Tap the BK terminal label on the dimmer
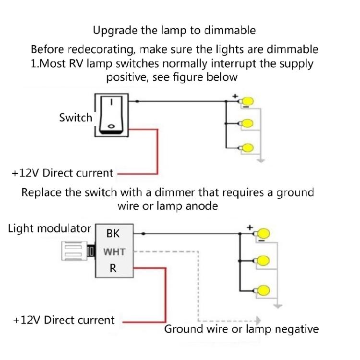click(x=113, y=234)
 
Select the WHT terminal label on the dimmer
click(x=114, y=252)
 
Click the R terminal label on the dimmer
click(x=113, y=268)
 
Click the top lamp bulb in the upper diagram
click(x=248, y=102)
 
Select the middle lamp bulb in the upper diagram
click(x=248, y=124)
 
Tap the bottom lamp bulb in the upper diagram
click(x=248, y=148)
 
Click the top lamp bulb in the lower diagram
click(x=263, y=234)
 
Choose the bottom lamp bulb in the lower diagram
click(x=263, y=290)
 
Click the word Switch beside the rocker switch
click(x=75, y=118)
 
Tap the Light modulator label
click(x=49, y=228)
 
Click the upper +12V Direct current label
click(x=62, y=173)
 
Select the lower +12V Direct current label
click(x=64, y=320)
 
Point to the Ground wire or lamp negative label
click(x=241, y=329)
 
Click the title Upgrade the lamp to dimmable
click(x=174, y=30)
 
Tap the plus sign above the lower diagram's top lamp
click(x=250, y=227)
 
